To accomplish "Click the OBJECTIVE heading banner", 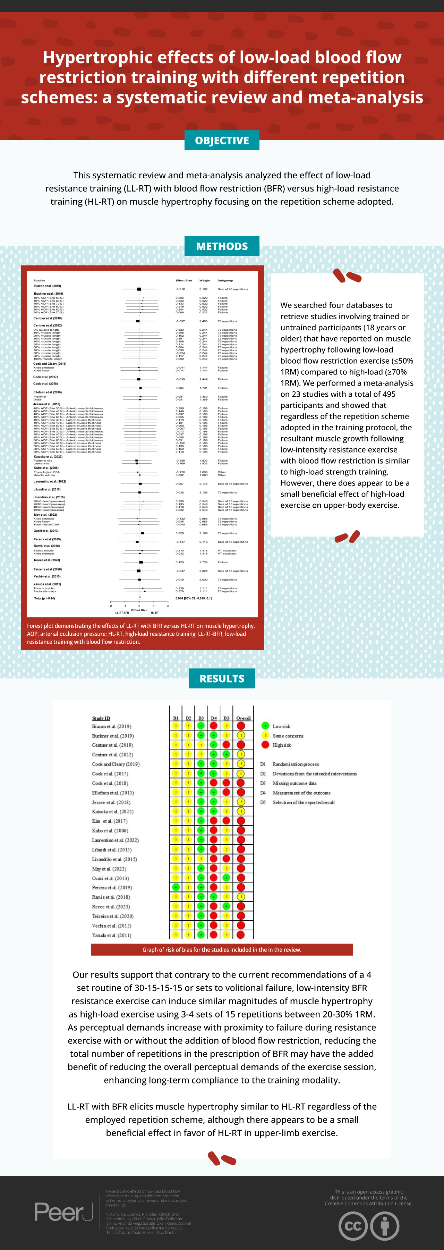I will coord(222,140).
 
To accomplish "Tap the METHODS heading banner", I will coord(222,246).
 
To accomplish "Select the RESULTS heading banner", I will coord(222,678).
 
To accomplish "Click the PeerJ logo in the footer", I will coord(63,1212).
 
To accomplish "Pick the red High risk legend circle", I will coord(265,745).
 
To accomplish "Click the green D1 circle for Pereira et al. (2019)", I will coord(176,887).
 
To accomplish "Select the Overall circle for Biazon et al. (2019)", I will coord(241,726).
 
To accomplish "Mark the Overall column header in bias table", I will coord(243,718).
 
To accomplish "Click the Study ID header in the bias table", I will coord(101,718).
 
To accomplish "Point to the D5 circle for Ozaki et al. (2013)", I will coord(226,878).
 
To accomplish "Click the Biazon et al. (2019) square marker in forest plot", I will coord(139,289).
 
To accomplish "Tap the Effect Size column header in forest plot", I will coord(183,280).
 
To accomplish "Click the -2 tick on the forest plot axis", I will coord(111,606).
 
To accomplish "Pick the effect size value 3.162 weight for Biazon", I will coord(203,289).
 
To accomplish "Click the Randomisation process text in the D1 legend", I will coord(296,764).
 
